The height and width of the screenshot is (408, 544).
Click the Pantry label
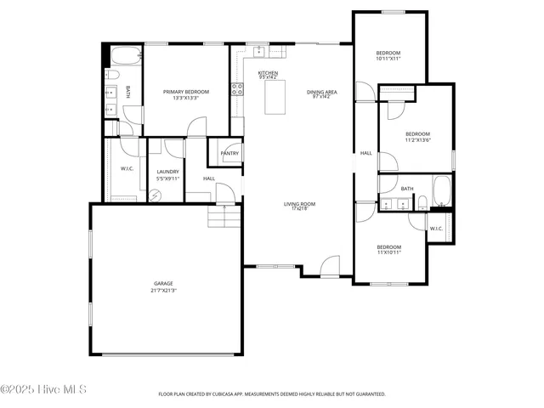(x=229, y=153)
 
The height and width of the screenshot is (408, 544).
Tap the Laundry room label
(x=167, y=175)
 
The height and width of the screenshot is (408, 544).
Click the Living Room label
(x=299, y=206)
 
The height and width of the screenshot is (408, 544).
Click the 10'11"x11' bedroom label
(x=388, y=56)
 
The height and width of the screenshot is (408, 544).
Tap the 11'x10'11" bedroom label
(x=389, y=249)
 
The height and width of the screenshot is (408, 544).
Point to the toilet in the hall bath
(x=422, y=202)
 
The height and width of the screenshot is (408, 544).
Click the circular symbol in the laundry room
(x=156, y=195)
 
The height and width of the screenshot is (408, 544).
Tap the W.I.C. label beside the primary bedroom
(x=127, y=168)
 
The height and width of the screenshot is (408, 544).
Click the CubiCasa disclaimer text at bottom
(x=272, y=394)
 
